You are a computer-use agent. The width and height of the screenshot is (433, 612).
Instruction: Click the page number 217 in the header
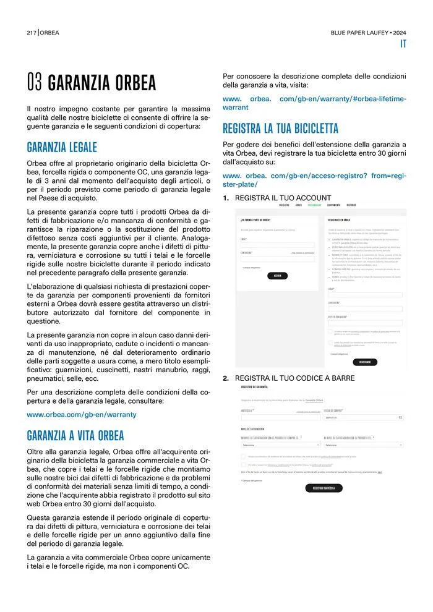point(32,32)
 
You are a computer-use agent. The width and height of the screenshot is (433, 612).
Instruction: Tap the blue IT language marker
point(403,44)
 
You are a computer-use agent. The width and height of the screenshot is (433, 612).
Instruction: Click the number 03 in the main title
point(35,83)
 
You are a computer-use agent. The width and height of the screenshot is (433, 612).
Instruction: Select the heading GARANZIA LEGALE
point(62,148)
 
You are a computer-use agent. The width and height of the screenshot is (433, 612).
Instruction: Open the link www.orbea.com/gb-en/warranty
point(82,414)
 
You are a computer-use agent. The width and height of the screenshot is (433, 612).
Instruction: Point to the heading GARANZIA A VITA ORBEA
point(75,434)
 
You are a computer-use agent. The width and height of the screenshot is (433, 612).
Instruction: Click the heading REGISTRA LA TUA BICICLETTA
point(280,129)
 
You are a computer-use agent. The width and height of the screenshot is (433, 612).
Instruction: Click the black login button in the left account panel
point(277,276)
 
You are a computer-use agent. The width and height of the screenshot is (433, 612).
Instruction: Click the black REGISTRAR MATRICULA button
point(324,488)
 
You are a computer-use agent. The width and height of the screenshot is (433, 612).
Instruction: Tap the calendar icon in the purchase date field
point(400,417)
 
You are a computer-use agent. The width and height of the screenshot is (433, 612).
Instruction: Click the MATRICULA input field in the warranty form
point(280,417)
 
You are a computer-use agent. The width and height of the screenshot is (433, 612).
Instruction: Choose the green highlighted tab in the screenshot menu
point(314,205)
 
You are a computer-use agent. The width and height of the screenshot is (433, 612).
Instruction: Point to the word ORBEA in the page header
point(50,32)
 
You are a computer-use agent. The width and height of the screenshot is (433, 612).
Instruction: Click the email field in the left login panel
point(277,245)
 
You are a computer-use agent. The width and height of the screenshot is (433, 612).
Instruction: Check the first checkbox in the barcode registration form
point(244,457)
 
